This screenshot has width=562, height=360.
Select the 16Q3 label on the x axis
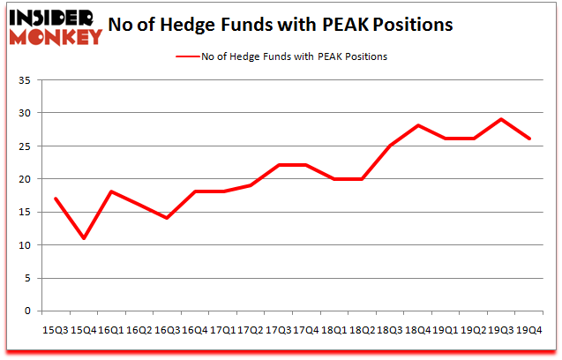click(167, 329)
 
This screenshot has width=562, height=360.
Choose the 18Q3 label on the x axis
click(389, 329)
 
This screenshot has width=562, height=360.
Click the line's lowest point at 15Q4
click(84, 238)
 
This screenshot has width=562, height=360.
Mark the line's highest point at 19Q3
click(500, 119)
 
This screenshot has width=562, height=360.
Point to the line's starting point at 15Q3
click(56, 199)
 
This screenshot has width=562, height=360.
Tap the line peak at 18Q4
click(416, 126)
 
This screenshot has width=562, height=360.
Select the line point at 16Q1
click(111, 191)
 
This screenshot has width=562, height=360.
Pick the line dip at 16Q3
click(167, 218)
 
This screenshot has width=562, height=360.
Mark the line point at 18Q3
click(389, 146)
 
